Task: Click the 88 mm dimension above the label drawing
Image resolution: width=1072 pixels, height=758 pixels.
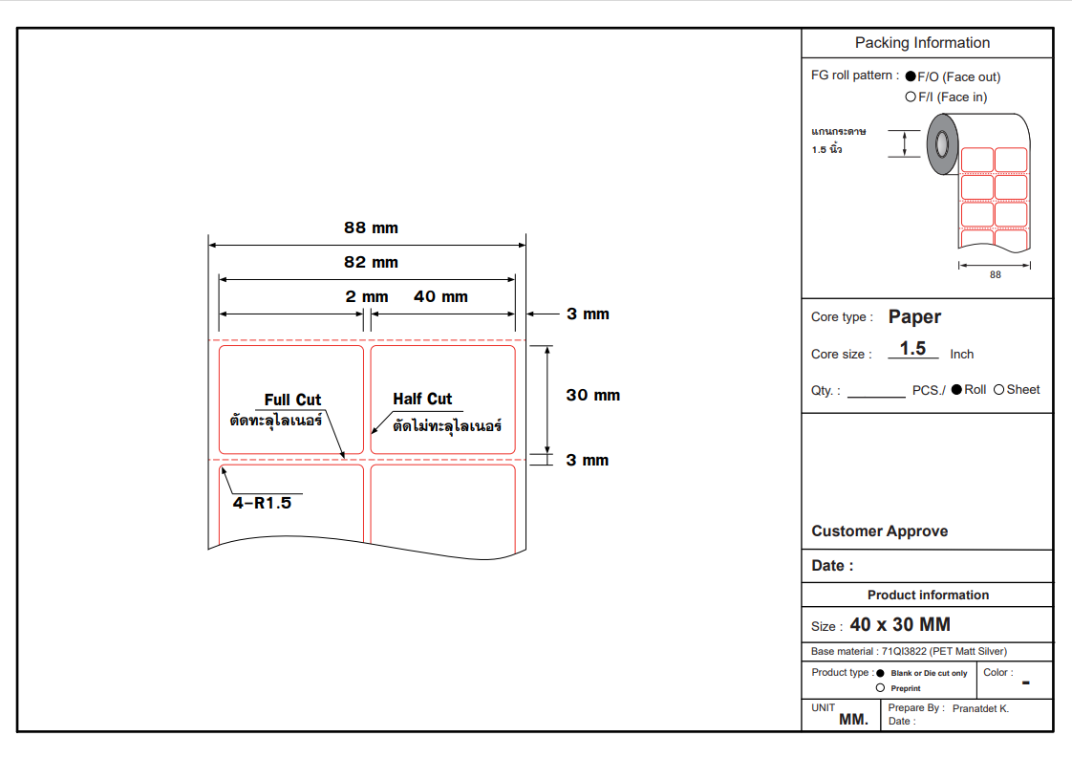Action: pos(371,228)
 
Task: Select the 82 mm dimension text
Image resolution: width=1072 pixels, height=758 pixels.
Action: pos(371,263)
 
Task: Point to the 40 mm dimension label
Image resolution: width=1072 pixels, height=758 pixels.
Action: pos(440,297)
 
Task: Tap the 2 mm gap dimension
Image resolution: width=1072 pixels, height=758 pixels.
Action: pos(367,297)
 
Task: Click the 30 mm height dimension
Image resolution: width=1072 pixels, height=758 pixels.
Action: pos(592,396)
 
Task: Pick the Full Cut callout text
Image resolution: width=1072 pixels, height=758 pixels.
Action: pos(292,400)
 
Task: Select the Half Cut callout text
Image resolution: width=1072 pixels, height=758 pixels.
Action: pos(422,399)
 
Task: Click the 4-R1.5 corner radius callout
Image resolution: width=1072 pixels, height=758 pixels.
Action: pos(261,503)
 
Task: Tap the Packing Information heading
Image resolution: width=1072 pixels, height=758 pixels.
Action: pos(922,43)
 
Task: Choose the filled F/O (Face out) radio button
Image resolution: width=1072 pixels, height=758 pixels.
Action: pos(911,76)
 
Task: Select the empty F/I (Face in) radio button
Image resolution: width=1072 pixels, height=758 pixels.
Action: pos(911,97)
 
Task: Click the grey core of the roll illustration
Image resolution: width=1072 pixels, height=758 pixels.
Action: pos(942,144)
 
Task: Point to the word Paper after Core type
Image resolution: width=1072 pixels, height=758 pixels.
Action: pos(914,317)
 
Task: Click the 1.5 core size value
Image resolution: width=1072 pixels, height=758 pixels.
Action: pos(912,349)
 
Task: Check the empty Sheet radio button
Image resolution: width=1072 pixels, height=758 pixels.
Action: pos(999,390)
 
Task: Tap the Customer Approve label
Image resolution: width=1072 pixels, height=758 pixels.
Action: pos(879,531)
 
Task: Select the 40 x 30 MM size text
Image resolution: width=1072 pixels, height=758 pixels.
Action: pos(900,625)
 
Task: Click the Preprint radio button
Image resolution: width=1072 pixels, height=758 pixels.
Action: pos(881,687)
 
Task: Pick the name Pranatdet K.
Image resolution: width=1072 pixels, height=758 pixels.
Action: pos(980,708)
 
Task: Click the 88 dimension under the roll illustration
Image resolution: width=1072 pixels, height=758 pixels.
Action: pos(996,275)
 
